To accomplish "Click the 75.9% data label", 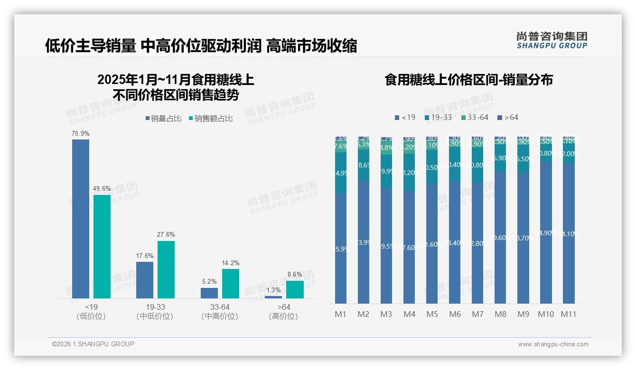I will [x=81, y=134].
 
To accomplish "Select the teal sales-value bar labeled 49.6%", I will [x=102, y=247].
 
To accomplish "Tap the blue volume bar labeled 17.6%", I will [x=145, y=280].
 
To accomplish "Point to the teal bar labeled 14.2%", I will [x=231, y=284].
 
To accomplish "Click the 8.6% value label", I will [x=295, y=274].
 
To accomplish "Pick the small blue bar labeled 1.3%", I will [x=273, y=297].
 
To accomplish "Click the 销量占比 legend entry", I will [x=163, y=119].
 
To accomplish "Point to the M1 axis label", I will [x=341, y=314].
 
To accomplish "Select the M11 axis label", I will [x=568, y=314].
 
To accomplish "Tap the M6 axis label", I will [x=455, y=314].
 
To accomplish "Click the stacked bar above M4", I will [x=409, y=220].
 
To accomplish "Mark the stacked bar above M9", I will [x=523, y=220].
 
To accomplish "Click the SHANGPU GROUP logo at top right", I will [x=552, y=40].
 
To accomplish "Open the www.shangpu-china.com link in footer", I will [x=553, y=344].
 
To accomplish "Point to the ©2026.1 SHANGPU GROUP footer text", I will [x=93, y=344].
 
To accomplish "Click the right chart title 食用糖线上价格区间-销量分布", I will [x=469, y=80].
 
